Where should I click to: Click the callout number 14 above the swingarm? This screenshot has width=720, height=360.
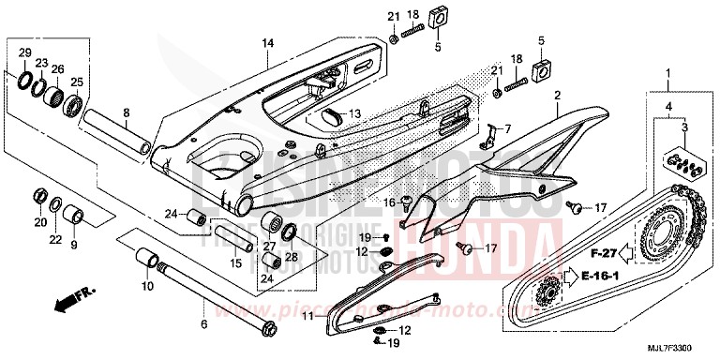click(x=267, y=44)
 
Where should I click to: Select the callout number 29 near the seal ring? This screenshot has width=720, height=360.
click(x=25, y=52)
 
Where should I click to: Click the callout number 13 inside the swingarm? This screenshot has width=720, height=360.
click(x=355, y=113)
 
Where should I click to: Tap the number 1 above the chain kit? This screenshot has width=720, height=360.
click(x=668, y=73)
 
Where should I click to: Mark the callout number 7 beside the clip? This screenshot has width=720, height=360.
click(x=507, y=128)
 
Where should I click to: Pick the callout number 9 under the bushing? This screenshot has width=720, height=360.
click(x=75, y=247)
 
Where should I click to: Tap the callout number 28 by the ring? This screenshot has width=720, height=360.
click(x=290, y=256)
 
